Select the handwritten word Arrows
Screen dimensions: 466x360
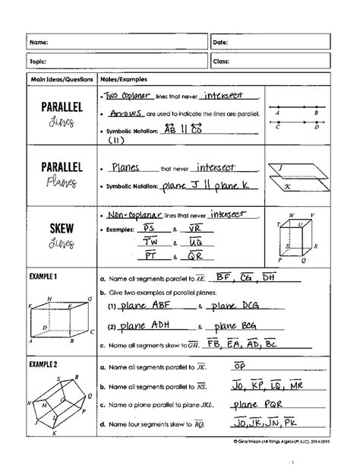(x=125, y=113)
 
